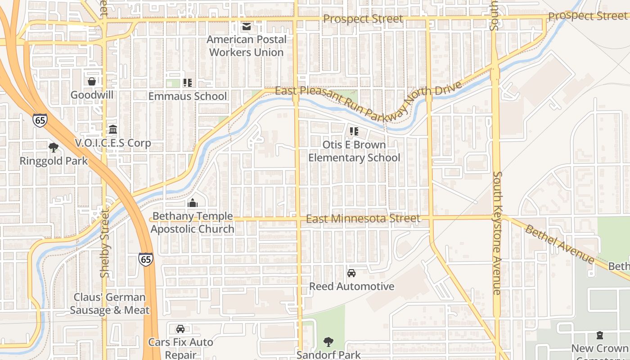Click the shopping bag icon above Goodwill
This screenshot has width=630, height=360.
coord(92,81)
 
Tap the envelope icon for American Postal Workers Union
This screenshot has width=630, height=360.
coord(246,27)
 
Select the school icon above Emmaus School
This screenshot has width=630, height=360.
coord(188,83)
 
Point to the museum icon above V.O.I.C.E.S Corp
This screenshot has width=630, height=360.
coord(113,130)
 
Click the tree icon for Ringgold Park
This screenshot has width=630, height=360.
coord(54,147)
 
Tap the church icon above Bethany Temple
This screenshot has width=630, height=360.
coord(193,203)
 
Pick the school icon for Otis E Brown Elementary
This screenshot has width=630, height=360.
coord(354,131)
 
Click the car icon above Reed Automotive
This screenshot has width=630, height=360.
coord(351,273)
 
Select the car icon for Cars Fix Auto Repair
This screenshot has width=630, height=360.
coord(180,329)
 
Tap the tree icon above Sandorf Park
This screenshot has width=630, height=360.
coord(328,342)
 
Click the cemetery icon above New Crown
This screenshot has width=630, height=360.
coord(599,335)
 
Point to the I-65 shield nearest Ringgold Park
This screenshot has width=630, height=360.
coord(40,120)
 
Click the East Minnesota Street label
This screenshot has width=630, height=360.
coord(363,219)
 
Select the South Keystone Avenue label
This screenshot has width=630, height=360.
coord(497,233)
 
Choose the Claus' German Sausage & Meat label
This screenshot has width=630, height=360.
coord(110,304)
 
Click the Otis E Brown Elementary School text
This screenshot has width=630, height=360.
coord(354,151)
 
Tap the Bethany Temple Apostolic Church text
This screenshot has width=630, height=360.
coord(193,222)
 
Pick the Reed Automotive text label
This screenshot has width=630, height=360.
coord(351,286)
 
